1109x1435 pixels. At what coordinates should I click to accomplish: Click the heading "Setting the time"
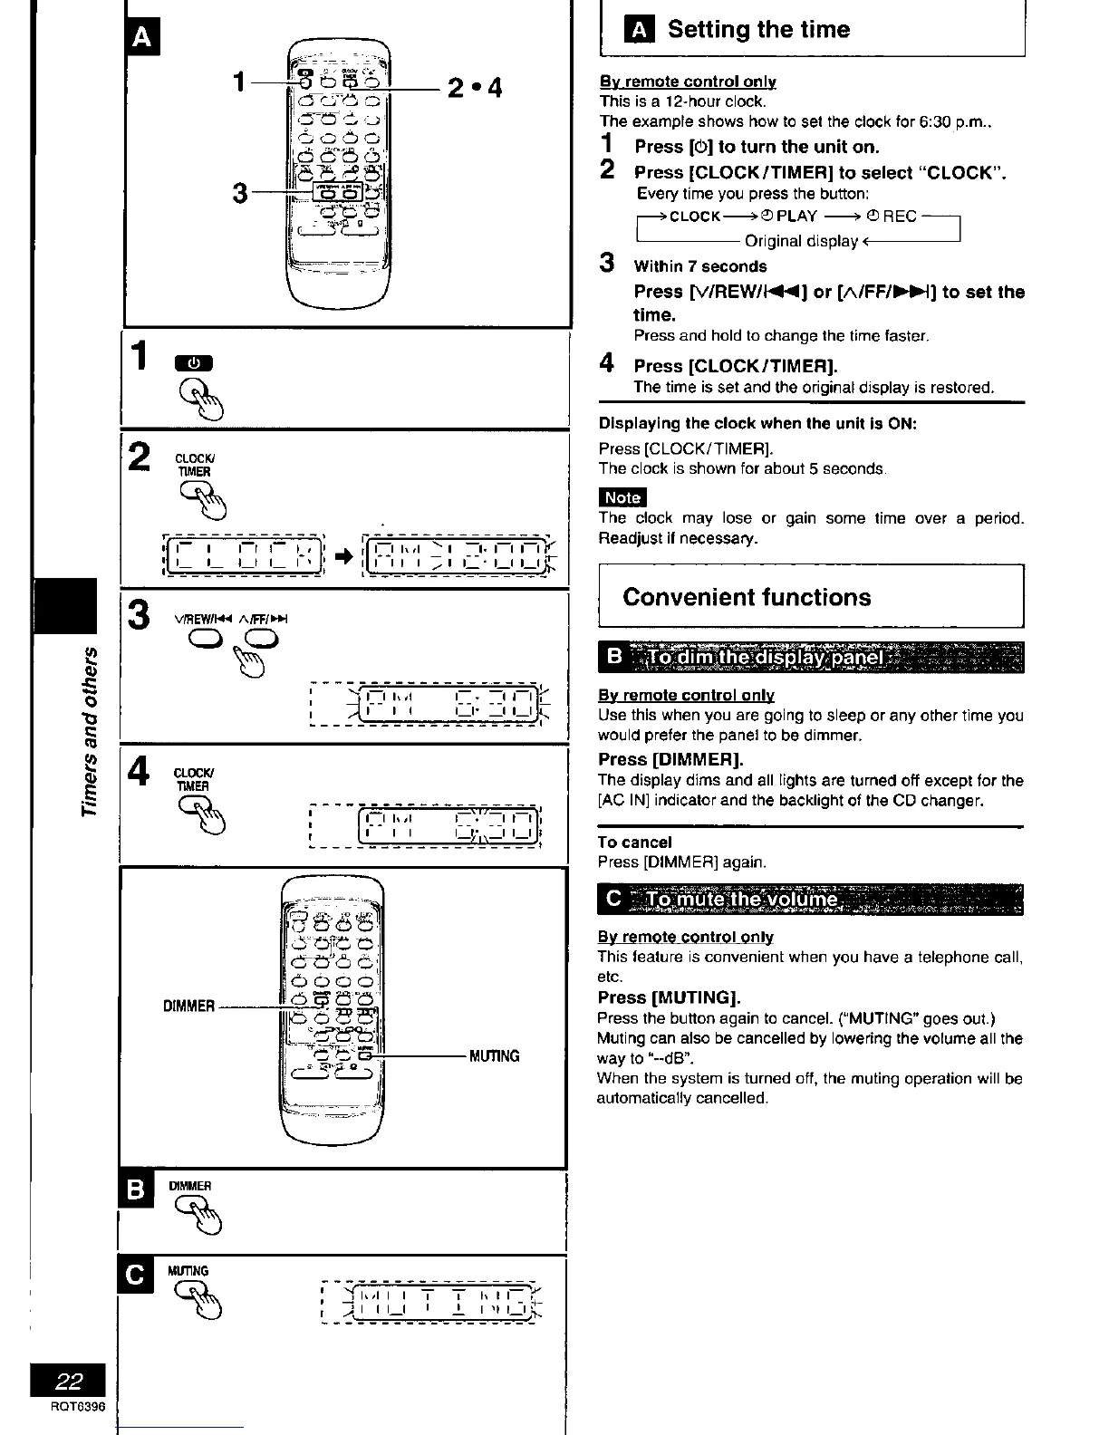coord(757,30)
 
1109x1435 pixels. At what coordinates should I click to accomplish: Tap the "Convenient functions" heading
coord(747,597)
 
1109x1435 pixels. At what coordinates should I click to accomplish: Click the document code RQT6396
coord(78,1407)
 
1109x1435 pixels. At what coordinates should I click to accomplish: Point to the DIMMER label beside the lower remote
coord(189,1006)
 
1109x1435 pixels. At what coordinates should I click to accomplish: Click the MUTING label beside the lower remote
coord(494,1056)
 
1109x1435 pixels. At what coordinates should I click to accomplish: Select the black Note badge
coord(622,496)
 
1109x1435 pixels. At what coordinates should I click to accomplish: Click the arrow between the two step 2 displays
coord(344,556)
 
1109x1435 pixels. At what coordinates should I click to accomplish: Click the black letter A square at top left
coord(143,37)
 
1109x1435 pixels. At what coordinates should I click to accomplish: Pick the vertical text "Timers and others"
coord(88,729)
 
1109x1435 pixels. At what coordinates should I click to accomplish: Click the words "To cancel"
coord(634,842)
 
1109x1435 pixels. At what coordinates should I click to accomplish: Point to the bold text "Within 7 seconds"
coord(700,266)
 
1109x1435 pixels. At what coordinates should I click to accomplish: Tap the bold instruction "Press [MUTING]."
coord(669,997)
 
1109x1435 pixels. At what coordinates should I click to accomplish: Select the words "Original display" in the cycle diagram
coord(801,241)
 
